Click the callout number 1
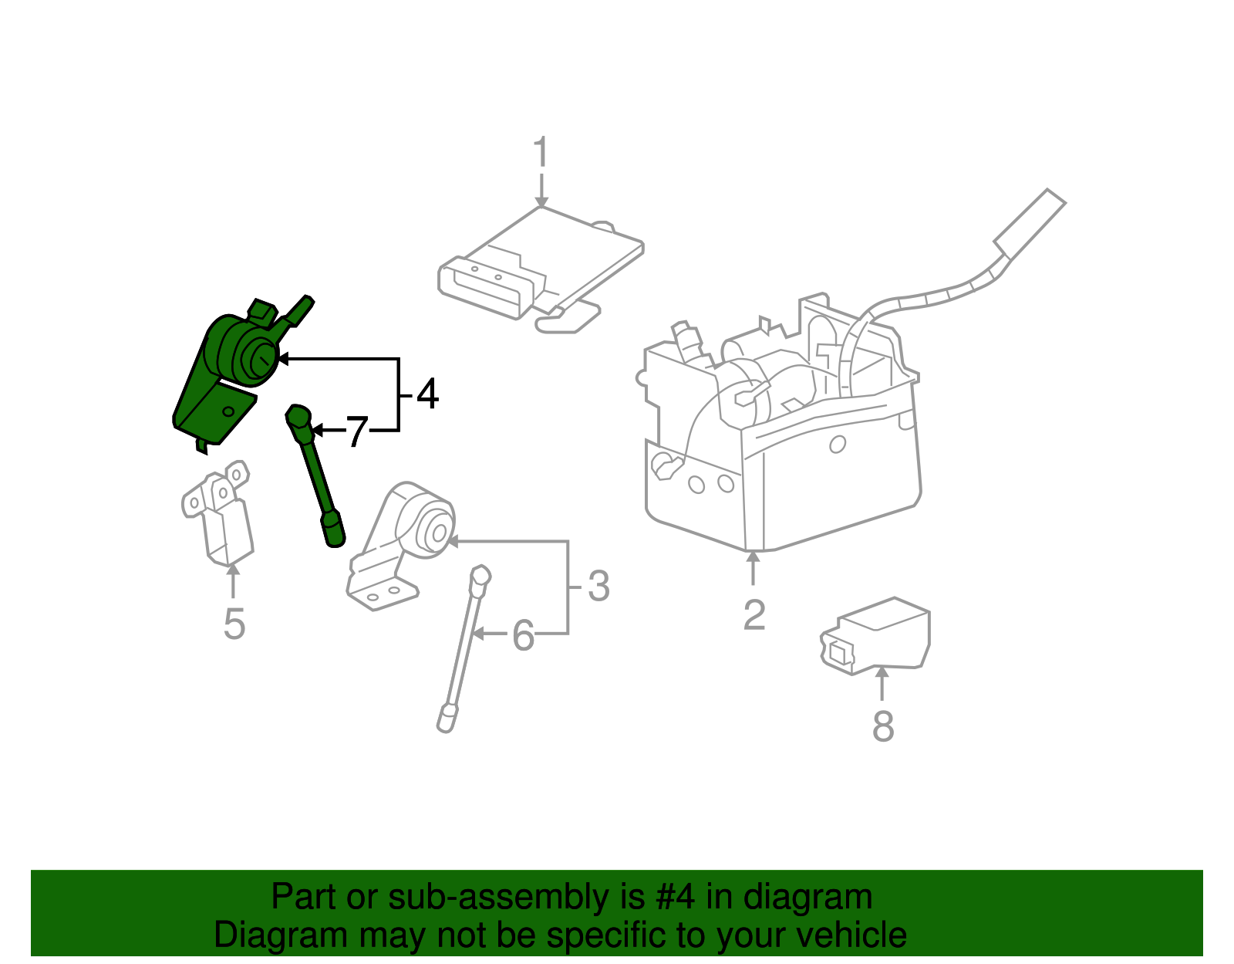click(541, 151)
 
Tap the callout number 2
click(754, 615)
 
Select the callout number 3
click(598, 587)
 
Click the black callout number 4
click(427, 394)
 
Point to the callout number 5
click(234, 624)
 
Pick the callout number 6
click(523, 636)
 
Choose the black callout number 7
click(356, 432)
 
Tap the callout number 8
click(883, 726)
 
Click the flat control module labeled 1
click(540, 262)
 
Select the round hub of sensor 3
click(437, 532)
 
